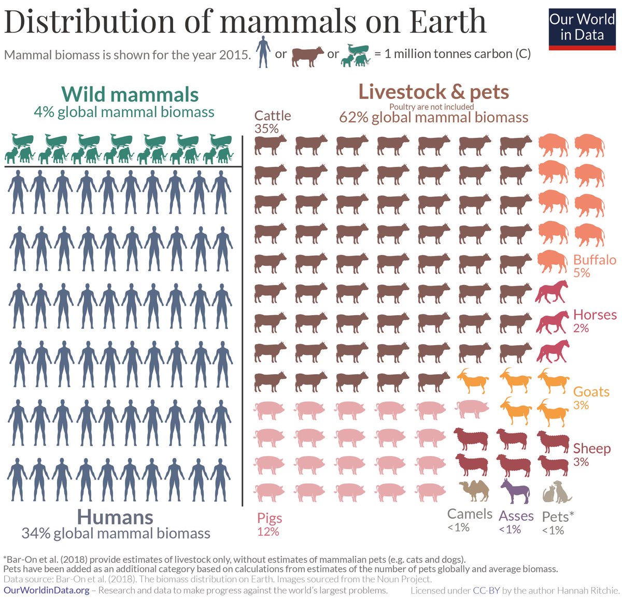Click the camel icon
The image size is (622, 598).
tap(474, 491)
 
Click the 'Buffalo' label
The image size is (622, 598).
tap(595, 260)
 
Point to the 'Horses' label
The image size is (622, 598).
tap(595, 315)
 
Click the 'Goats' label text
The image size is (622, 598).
tap(591, 392)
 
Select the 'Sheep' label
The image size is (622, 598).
tap(591, 448)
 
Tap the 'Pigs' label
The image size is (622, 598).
tap(270, 518)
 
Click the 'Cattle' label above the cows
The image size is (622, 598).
tap(273, 116)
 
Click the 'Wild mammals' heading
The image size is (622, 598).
tap(130, 94)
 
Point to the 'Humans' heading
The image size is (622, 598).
tap(115, 517)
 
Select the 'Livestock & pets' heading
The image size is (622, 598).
tap(433, 92)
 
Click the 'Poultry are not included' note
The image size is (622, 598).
tap(431, 107)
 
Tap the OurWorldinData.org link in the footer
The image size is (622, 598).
tap(47, 590)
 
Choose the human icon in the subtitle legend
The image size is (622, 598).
tap(263, 52)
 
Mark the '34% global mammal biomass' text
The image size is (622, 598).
tap(116, 533)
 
